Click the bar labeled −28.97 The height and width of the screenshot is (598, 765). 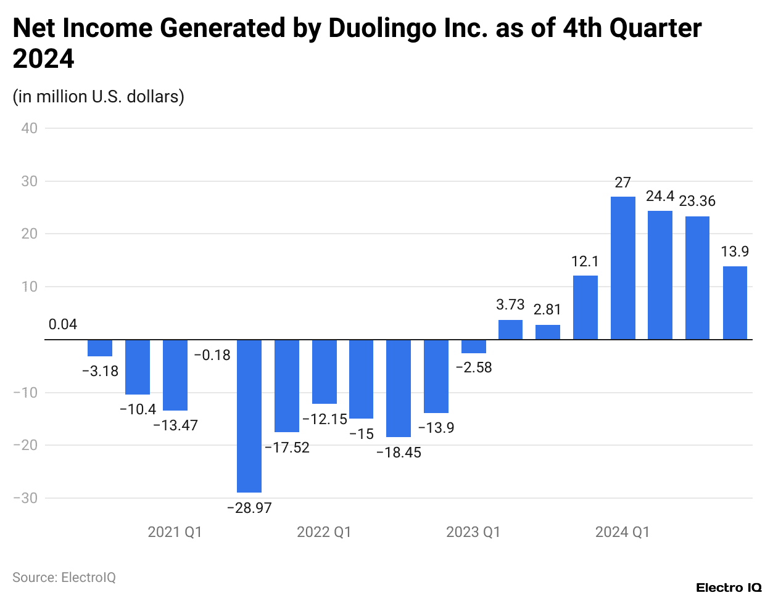[x=249, y=416]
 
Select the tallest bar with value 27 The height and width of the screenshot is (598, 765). [x=622, y=268]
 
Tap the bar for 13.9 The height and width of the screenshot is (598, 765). [x=735, y=303]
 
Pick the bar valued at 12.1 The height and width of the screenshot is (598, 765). [x=585, y=307]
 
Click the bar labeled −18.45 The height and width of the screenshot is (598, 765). [x=399, y=388]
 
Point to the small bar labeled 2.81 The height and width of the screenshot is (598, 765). [x=548, y=332]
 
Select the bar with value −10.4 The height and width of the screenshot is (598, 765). [x=138, y=367]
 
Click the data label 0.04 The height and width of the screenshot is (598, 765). [x=63, y=325]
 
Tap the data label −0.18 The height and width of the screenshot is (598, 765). [x=212, y=355]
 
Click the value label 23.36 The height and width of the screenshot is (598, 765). [x=697, y=201]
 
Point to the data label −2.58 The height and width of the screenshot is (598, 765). [x=474, y=367]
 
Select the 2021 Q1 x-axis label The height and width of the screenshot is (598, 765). [x=175, y=532]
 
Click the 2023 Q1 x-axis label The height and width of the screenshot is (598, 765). [x=473, y=532]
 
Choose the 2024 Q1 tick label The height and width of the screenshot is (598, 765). [x=622, y=532]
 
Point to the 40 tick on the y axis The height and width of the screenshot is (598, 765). [x=29, y=128]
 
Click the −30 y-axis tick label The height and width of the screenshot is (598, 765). [x=25, y=498]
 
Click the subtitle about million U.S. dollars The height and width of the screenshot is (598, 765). [x=99, y=97]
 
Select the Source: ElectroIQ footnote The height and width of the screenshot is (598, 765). [x=64, y=578]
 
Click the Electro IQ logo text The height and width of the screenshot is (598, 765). [x=729, y=588]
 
